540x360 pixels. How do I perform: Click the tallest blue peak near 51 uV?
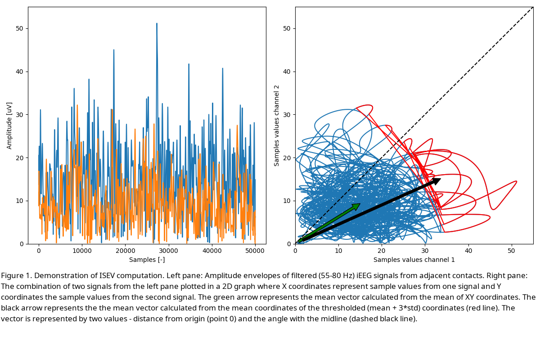click(157, 24)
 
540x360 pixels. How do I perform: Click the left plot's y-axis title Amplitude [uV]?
click(9, 126)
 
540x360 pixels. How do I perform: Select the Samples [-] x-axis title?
click(147, 260)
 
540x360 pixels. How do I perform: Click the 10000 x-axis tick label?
click(82, 250)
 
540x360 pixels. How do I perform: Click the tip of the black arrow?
click(440, 179)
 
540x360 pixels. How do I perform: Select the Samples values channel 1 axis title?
click(414, 260)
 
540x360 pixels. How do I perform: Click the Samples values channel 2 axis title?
click(277, 126)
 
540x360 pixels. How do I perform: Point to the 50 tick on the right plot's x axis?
click(512, 250)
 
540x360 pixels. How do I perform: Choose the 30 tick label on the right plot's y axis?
click(287, 115)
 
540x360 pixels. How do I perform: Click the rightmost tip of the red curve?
click(516, 181)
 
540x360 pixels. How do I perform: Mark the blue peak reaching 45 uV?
click(114, 50)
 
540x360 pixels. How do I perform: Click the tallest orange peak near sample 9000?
click(77, 105)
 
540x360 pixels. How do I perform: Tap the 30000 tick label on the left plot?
click(168, 250)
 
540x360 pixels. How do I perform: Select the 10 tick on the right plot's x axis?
click(338, 250)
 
